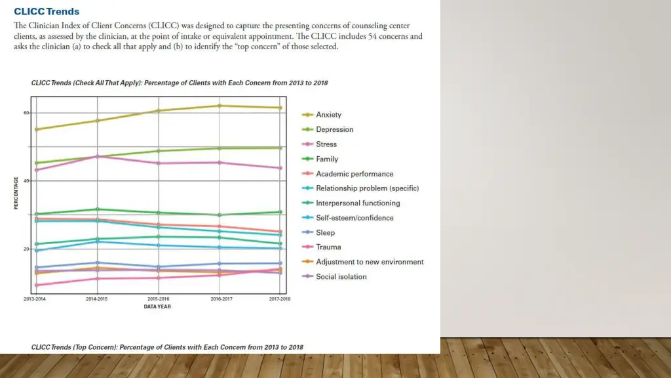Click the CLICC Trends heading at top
(47, 11)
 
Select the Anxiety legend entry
(328, 115)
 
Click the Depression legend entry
(334, 129)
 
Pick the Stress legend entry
(326, 144)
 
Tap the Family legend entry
(327, 159)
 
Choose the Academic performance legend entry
(355, 174)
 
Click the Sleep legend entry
(325, 232)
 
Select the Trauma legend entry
(328, 247)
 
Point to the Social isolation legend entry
(341, 276)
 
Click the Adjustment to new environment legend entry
(370, 262)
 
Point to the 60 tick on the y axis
(26, 113)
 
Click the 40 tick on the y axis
(26, 180)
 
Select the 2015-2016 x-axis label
(158, 299)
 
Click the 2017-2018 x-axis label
(280, 299)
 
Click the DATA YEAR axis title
(157, 306)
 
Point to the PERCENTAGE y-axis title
(16, 193)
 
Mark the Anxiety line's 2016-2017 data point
(220, 106)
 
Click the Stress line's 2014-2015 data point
(97, 156)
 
